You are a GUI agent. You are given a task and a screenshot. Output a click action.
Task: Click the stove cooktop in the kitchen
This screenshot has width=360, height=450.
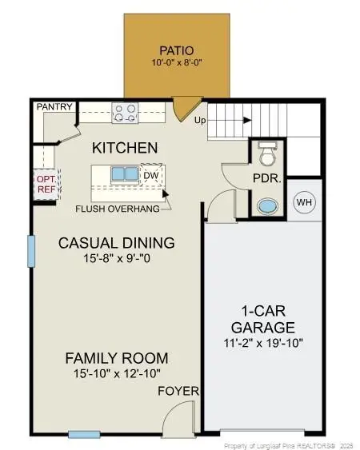pos(123,113)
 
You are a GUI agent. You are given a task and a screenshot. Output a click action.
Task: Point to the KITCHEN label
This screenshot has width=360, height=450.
pos(124,149)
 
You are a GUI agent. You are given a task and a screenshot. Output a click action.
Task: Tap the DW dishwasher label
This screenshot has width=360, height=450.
pos(150,174)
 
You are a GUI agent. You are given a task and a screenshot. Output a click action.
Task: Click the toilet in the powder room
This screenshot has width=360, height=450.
pos(267,151)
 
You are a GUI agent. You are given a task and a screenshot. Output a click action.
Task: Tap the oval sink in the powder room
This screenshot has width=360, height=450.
pos(266,205)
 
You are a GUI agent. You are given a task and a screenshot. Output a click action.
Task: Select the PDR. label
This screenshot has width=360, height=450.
pos(266,178)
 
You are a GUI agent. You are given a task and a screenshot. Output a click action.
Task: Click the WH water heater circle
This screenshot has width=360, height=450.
pos(304,202)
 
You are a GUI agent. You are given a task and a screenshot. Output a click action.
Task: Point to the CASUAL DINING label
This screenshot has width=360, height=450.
pos(116,243)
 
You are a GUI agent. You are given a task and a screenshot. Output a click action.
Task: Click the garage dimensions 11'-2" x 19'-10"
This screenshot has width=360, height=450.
pos(263,343)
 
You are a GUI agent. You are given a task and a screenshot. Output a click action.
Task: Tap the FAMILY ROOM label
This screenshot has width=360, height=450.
pos(117,358)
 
